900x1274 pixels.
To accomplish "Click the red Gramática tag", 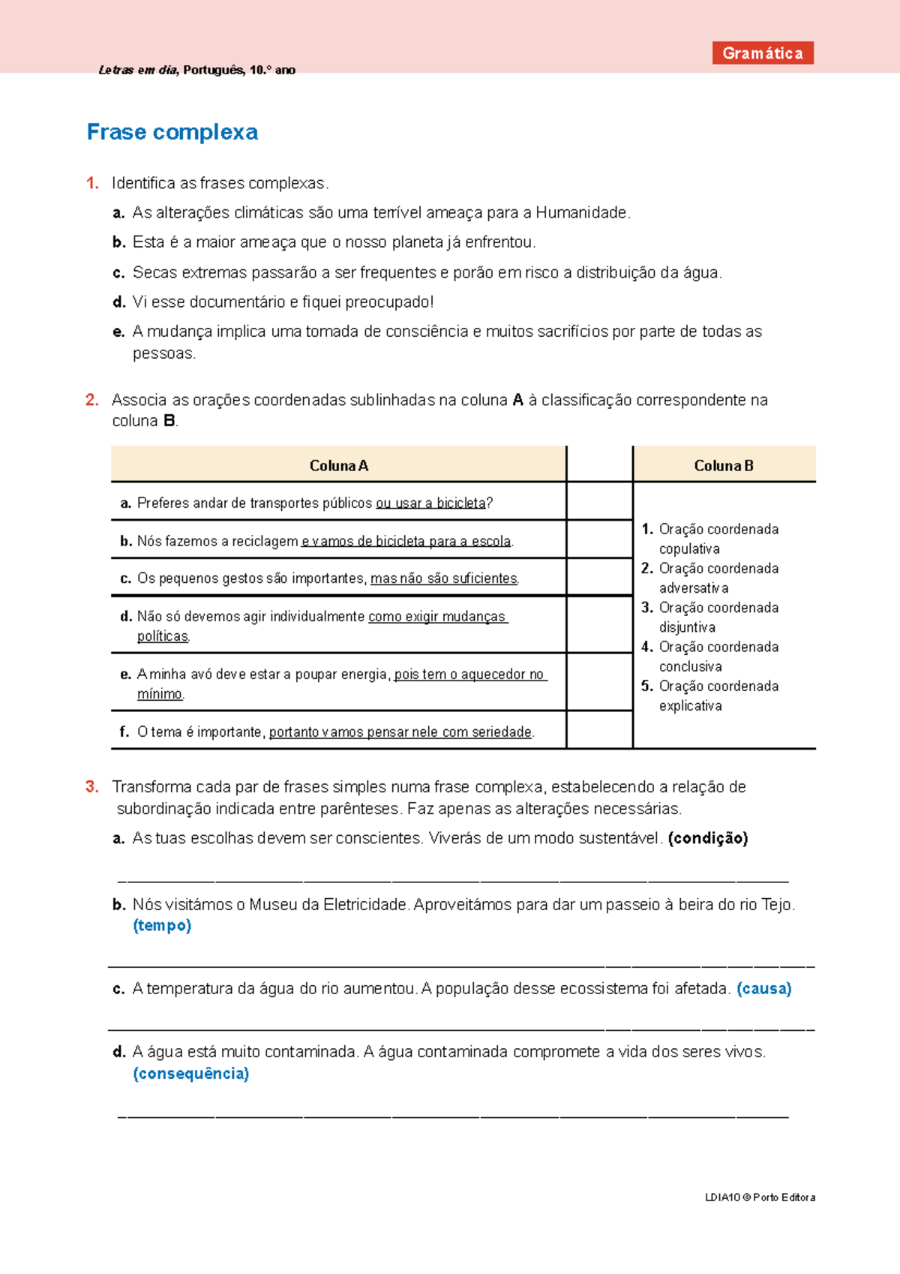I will click(763, 53).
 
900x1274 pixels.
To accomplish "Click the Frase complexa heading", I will click(172, 132).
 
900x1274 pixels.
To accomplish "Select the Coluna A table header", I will click(338, 465).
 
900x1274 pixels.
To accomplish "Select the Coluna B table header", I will click(724, 465).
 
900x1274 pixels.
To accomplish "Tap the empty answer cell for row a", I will click(599, 501).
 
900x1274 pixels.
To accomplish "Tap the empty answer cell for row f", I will click(599, 730).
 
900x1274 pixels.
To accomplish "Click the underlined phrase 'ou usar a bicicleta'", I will click(431, 503).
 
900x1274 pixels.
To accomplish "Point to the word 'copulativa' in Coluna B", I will click(689, 549).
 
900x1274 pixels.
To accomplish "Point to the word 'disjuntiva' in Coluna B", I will click(687, 627).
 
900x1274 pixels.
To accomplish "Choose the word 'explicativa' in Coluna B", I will click(690, 706).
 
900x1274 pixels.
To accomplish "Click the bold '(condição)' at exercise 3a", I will click(707, 838).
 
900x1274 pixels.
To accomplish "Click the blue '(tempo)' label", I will click(162, 926).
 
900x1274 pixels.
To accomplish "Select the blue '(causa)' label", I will click(763, 989).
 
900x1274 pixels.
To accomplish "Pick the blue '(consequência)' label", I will click(190, 1074).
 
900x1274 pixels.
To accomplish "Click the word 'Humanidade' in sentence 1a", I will click(581, 213).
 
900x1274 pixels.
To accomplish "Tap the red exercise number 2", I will click(91, 400).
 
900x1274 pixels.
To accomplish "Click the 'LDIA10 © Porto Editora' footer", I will click(760, 1197).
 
